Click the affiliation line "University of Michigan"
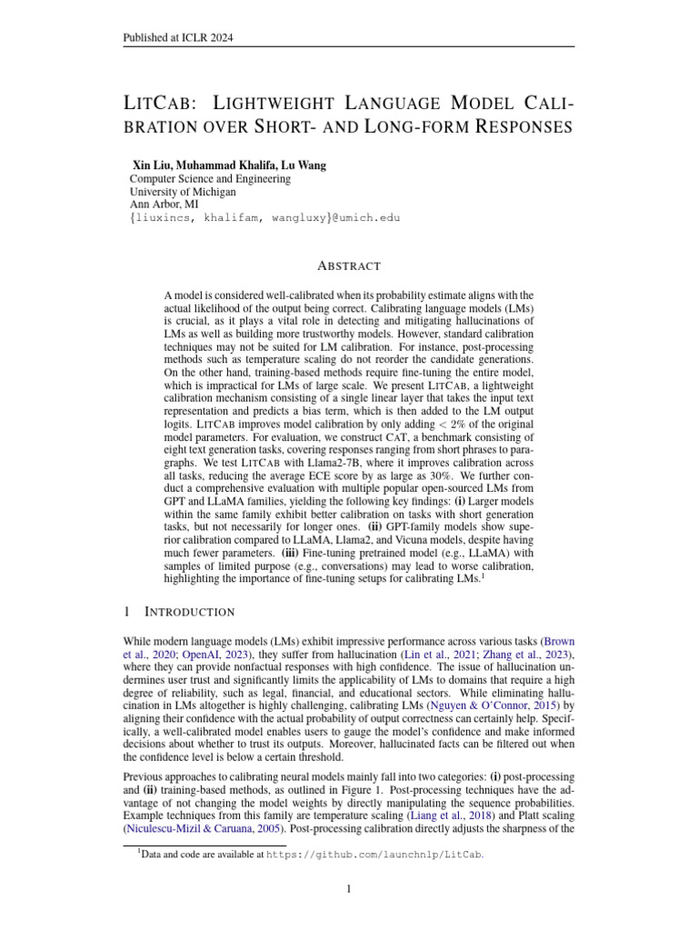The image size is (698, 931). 183,192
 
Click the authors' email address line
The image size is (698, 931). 264,218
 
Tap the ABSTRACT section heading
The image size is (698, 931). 348,265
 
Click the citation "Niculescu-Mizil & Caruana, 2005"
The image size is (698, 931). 201,820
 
